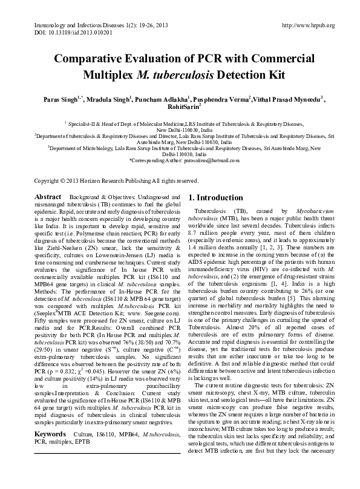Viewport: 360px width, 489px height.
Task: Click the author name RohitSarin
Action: click(x=179, y=106)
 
